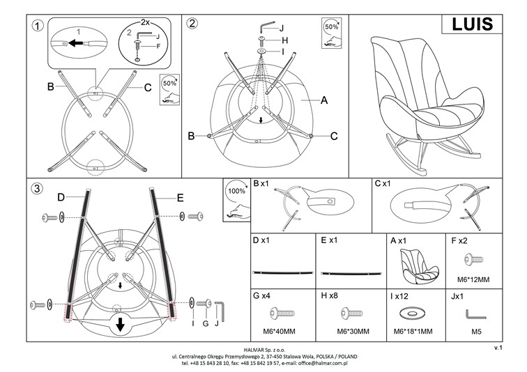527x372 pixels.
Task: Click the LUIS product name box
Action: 472,24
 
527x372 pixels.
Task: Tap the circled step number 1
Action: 39,26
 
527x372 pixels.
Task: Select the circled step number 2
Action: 192,23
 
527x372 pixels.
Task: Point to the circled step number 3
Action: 38,188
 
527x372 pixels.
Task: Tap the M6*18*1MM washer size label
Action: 413,331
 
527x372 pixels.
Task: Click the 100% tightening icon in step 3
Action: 236,199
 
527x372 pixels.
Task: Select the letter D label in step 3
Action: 61,198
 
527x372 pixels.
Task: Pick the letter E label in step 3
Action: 180,199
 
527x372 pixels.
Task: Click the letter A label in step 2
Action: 324,100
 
